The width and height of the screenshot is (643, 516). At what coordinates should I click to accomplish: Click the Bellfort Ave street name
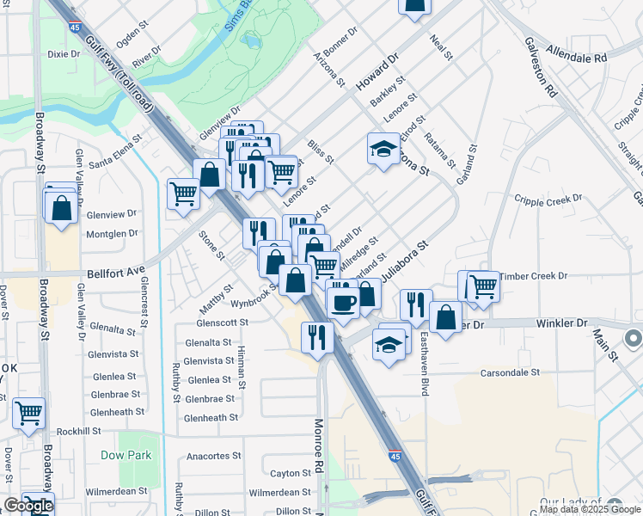pos(115,272)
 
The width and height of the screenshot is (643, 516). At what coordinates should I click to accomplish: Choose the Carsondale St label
pos(510,373)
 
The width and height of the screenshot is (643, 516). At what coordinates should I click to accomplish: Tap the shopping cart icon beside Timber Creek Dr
pos(483,286)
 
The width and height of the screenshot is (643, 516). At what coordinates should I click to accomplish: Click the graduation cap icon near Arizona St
pos(383,150)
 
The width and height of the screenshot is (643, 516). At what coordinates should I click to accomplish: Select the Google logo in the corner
pos(28,506)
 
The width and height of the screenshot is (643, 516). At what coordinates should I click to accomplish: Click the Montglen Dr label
pos(112,233)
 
